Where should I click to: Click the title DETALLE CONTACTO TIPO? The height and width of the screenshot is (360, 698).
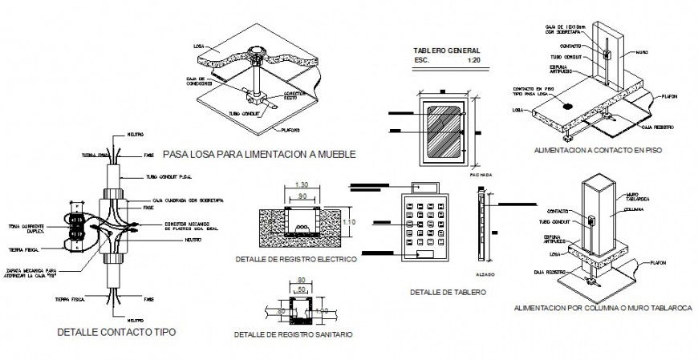tap(116, 331)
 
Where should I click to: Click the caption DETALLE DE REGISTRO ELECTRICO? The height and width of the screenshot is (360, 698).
tap(296, 259)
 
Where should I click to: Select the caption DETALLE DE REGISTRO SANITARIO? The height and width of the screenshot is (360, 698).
tap(292, 334)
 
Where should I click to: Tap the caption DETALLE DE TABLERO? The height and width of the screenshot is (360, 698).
tap(447, 292)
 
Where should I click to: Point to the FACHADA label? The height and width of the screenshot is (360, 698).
tap(481, 173)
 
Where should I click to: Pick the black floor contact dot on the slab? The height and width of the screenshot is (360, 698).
tap(567, 105)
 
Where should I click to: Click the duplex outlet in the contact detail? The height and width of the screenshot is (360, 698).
tap(77, 229)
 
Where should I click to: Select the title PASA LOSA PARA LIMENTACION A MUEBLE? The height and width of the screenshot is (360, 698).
tap(258, 152)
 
